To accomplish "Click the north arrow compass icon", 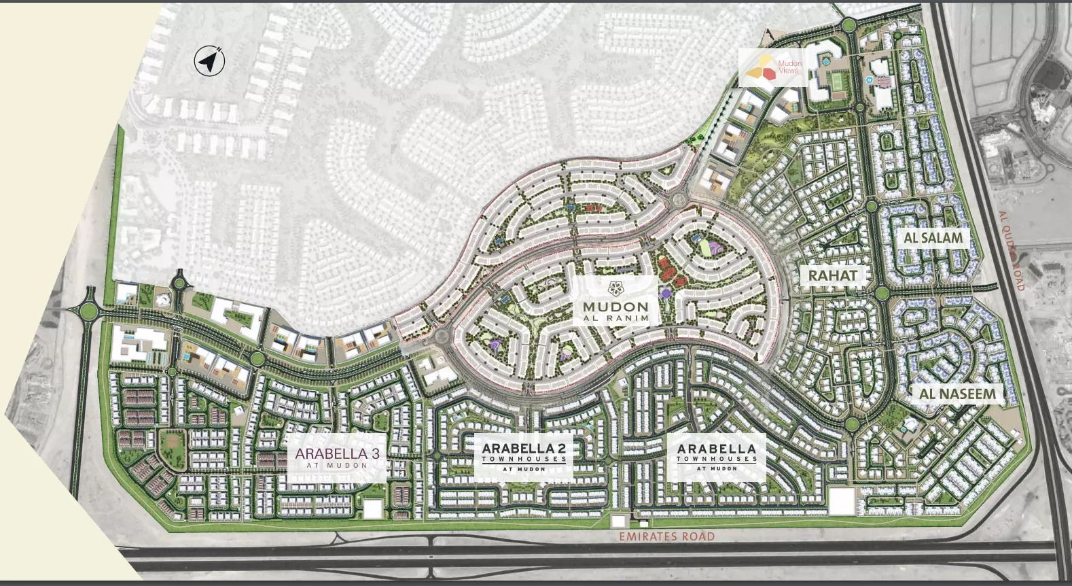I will click(x=209, y=61).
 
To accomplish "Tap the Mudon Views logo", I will click(x=773, y=67).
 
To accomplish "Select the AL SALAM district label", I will click(x=933, y=238).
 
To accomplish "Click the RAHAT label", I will click(x=832, y=275).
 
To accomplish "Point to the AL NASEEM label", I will click(x=957, y=394).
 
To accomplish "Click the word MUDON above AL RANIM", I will click(x=615, y=307).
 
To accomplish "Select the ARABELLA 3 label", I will click(x=337, y=453).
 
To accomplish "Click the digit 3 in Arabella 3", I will click(x=375, y=453).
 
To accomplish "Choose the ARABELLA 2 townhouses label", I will click(x=524, y=449).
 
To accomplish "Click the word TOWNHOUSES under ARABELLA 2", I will click(x=524, y=459).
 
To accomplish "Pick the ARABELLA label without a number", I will click(x=716, y=449).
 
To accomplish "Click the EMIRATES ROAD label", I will click(x=666, y=536).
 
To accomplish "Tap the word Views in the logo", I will click(x=789, y=70).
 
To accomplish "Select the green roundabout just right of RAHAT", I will click(x=882, y=293).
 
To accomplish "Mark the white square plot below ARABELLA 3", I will click(x=373, y=509).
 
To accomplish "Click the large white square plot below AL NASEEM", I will click(x=842, y=502).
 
